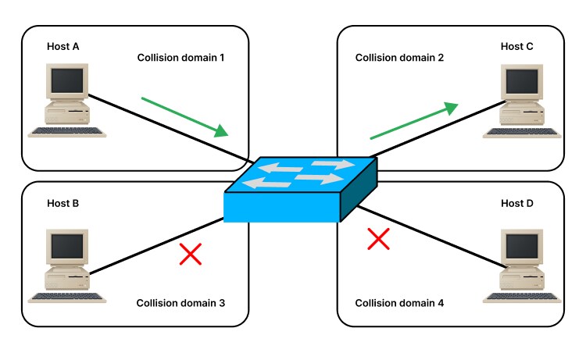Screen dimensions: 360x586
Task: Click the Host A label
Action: tap(64, 47)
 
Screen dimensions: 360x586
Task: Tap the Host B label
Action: tap(64, 204)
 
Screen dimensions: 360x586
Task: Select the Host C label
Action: tap(516, 47)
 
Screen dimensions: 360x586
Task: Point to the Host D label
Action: tap(516, 204)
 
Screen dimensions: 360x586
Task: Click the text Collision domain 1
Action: tap(181, 58)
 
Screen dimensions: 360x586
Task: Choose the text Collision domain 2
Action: tap(399, 58)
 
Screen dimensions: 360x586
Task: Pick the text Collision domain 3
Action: tap(181, 303)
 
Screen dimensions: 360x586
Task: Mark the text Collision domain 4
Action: tap(399, 303)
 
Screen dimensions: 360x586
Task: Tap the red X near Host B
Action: tap(190, 253)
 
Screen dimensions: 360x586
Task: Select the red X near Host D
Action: tap(378, 239)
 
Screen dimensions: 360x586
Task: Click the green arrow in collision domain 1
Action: tap(186, 116)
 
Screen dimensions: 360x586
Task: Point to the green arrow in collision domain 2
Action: tap(413, 120)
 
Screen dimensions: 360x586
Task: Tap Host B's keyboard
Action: tap(66, 297)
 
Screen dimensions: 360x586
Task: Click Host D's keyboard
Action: tap(520, 297)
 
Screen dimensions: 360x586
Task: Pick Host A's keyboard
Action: tap(66, 131)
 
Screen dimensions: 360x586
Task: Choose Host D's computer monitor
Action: tap(520, 248)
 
